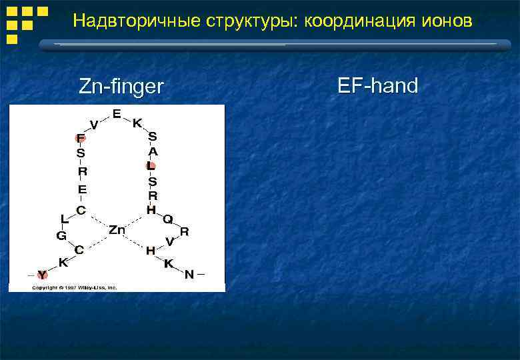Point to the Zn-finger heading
click(121, 87)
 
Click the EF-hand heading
click(377, 86)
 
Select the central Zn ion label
click(117, 229)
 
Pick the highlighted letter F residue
click(81, 139)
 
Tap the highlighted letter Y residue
click(41, 274)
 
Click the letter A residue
click(153, 151)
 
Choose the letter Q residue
click(168, 219)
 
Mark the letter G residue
click(61, 235)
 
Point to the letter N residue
click(189, 274)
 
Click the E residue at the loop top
click(117, 114)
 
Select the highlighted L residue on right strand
click(152, 166)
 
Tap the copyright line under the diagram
click(75, 287)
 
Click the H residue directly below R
click(151, 209)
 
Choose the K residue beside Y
click(62, 263)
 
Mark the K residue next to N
click(169, 264)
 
